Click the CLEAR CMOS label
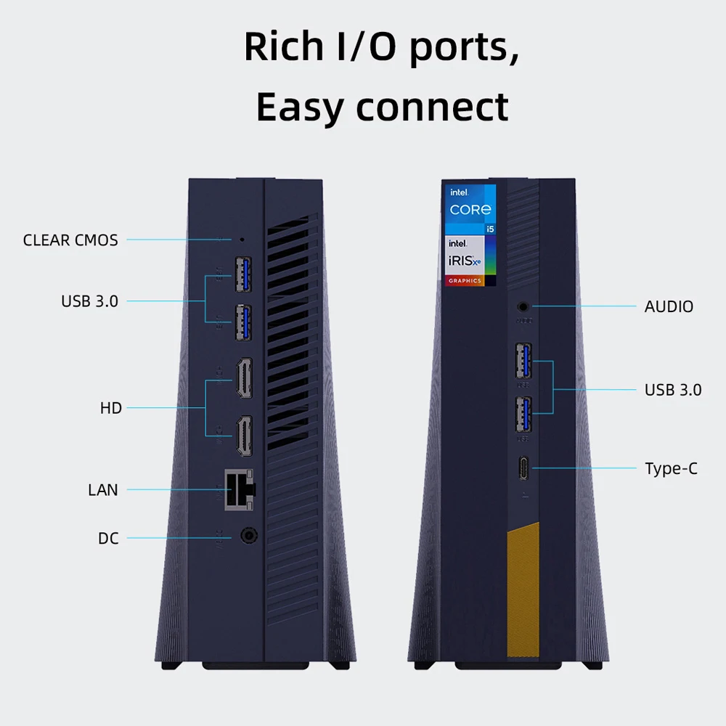pos(70,240)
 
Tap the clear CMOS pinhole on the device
pos(242,239)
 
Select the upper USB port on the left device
pos(244,274)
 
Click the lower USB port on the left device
pos(244,322)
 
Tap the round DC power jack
pos(249,537)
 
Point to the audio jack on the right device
pos(523,306)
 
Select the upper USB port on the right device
pos(523,361)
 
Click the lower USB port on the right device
pos(523,415)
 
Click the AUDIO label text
pos(669,307)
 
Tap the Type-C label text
pos(671,469)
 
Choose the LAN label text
pos(102,491)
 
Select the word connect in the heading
pos(432,107)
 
